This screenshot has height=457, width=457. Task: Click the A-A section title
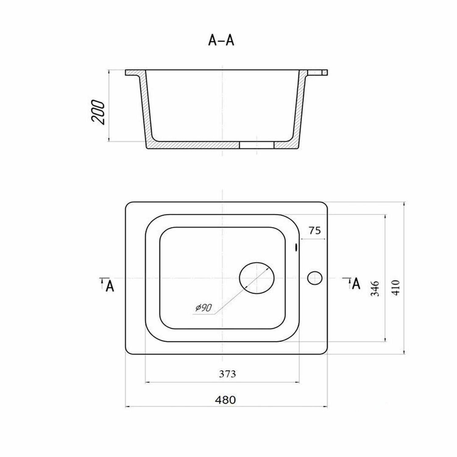pos(221,40)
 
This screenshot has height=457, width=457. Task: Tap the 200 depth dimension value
pos(98,112)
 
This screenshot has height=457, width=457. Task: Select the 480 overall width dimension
pos(225,400)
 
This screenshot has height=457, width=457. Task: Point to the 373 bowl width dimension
pos(227,374)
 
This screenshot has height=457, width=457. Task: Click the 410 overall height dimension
pos(395,287)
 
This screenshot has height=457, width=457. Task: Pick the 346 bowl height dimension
pos(375,289)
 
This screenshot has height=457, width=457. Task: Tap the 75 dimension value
pos(315,231)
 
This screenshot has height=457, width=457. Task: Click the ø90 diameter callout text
pos(204,308)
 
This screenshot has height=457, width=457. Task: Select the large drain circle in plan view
pos(257,278)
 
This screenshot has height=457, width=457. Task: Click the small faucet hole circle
pos(315,278)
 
